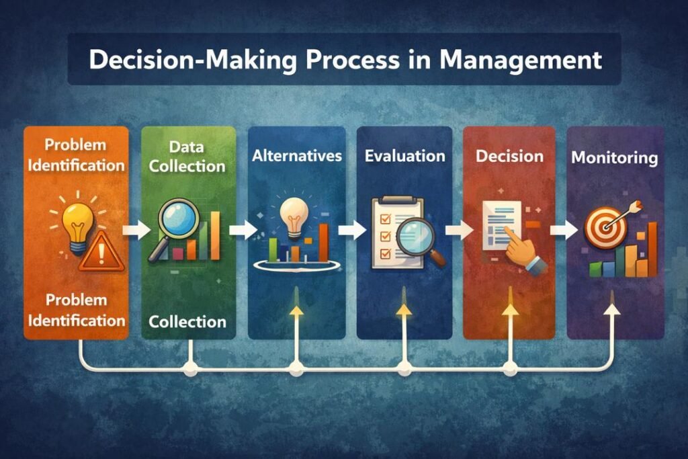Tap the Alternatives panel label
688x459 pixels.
tap(296, 156)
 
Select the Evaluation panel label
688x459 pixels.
tap(404, 156)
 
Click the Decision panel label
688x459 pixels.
tap(509, 156)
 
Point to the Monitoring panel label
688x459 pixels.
tap(614, 159)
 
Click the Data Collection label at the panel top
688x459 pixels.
tap(187, 156)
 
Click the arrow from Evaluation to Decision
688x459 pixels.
tap(455, 230)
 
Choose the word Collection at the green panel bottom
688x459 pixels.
tap(187, 321)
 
